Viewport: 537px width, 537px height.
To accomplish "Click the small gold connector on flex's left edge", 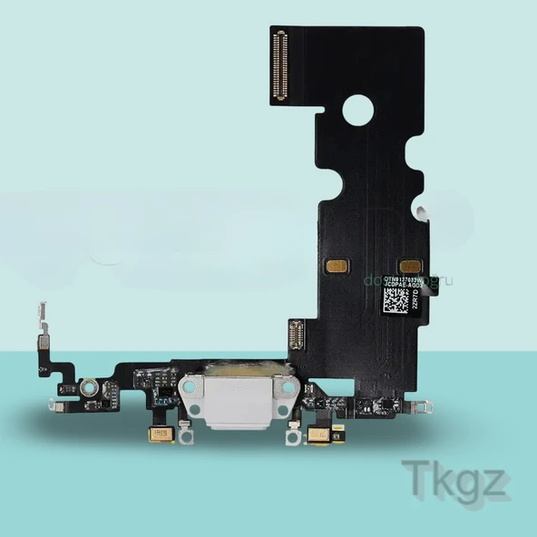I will click(296, 338).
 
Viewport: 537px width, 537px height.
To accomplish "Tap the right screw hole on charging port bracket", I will click(286, 387).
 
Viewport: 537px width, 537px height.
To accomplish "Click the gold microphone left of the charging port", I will click(161, 434).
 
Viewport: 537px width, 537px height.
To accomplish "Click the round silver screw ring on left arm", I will click(89, 388).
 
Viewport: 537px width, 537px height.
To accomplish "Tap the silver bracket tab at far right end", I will click(419, 405).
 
